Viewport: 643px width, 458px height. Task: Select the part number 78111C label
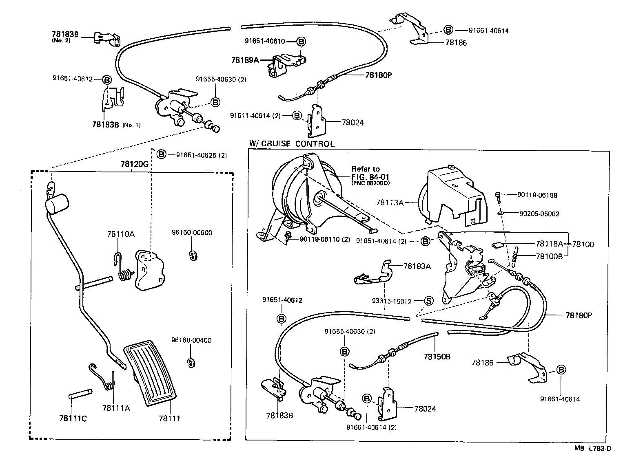73,418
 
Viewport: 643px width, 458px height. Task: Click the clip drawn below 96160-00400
190,363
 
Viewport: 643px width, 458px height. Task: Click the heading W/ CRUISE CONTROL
292,144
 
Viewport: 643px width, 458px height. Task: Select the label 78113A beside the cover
390,202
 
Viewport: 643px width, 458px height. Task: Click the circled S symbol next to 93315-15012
428,301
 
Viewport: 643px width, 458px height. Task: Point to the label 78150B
437,357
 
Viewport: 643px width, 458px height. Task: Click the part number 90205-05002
539,214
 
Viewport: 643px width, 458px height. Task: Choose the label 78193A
417,266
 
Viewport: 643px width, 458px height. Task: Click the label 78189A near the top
245,60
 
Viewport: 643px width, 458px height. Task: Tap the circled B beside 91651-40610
301,41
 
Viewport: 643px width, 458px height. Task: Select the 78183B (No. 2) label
65,35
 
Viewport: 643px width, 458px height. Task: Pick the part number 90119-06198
537,195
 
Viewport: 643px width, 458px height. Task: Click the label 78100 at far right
583,244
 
